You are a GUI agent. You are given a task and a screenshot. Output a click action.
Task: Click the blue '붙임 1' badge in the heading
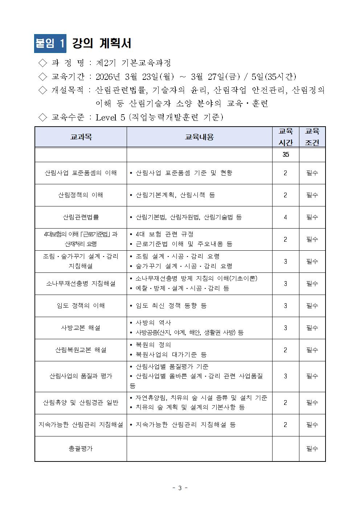[50, 44]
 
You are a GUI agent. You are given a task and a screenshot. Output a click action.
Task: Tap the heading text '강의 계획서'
[102, 44]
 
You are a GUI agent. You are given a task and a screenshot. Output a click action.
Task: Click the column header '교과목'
[81, 137]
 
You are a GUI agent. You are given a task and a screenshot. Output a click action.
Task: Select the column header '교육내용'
[199, 137]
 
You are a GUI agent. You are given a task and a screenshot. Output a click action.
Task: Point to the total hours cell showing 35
[286, 155]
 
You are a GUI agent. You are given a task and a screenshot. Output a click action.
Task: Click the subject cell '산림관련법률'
[81, 217]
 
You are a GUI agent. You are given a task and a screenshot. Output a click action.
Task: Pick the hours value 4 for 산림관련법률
[286, 217]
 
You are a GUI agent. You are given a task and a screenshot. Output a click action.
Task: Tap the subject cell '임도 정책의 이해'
[81, 306]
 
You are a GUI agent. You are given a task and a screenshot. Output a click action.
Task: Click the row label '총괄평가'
[81, 449]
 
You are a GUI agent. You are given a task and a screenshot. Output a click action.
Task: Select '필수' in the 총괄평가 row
[312, 449]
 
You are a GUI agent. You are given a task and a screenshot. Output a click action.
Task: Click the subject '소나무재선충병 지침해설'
[81, 284]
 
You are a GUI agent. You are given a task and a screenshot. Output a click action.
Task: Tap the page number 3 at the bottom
[180, 488]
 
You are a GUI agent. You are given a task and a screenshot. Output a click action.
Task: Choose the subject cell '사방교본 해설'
[81, 328]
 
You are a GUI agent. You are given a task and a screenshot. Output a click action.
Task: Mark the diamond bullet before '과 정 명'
[43, 63]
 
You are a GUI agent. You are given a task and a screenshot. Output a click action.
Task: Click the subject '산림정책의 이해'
[81, 195]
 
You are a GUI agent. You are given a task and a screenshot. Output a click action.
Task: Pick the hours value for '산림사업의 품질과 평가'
[286, 376]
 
